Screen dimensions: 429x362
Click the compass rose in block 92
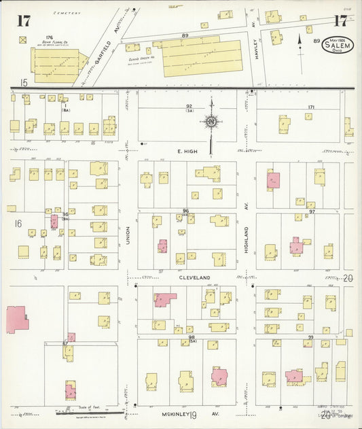tap(211, 122)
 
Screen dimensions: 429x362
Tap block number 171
tap(311, 107)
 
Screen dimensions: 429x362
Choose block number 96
tap(185, 211)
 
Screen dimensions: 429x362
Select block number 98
tap(192, 337)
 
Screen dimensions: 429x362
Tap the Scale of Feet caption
tap(88, 407)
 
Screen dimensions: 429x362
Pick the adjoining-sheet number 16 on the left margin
tap(18, 222)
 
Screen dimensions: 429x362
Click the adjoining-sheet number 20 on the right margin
tap(349, 278)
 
